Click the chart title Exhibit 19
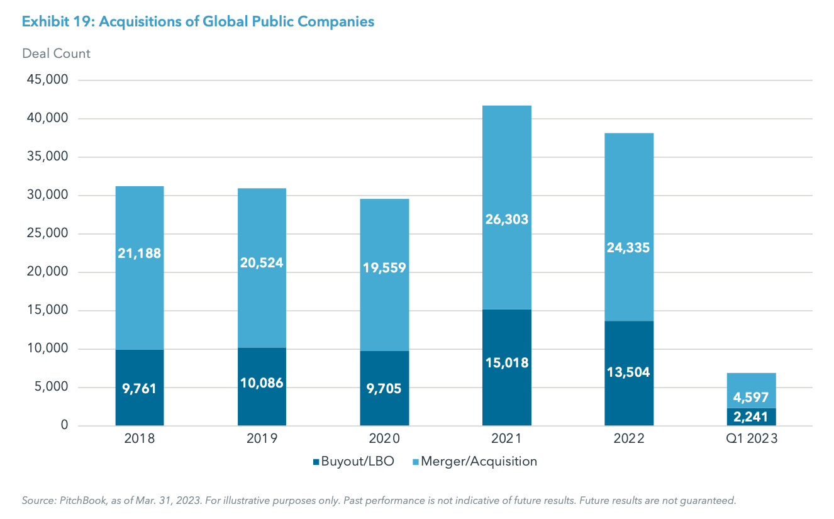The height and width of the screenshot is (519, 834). (198, 22)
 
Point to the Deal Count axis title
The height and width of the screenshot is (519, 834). (56, 53)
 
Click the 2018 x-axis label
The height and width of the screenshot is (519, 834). (139, 439)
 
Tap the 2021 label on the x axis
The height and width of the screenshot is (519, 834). (506, 439)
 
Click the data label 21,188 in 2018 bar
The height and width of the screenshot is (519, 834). (139, 254)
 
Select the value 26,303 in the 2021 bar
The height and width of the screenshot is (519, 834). (506, 220)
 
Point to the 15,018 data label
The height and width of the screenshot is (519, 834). (506, 362)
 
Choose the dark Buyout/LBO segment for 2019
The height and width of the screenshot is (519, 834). (262, 403)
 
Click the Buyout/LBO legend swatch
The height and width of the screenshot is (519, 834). (316, 462)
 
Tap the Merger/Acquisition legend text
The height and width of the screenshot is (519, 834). (479, 461)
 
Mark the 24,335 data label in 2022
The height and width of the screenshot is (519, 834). (629, 248)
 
